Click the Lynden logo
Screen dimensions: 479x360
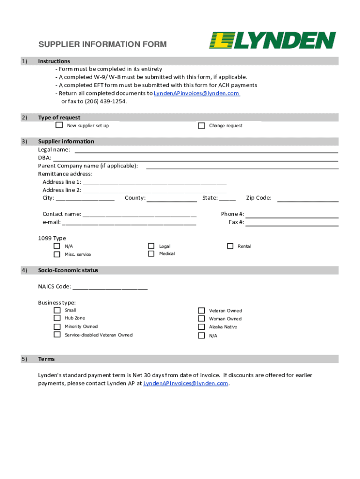pyautogui.click(x=272, y=40)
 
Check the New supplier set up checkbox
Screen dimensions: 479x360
pyautogui.click(x=59, y=125)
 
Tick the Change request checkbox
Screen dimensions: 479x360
pyautogui.click(x=202, y=125)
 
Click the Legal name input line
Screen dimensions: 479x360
pyautogui.click(x=206, y=150)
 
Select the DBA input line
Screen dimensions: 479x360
pyautogui.click(x=195, y=159)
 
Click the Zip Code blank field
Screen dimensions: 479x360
pyautogui.click(x=308, y=199)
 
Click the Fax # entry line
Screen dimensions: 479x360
pyautogui.click(x=292, y=223)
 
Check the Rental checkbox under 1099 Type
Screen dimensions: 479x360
pyautogui.click(x=230, y=246)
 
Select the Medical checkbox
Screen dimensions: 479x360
pyautogui.click(x=151, y=254)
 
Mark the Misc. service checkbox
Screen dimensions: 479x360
pyautogui.click(x=57, y=254)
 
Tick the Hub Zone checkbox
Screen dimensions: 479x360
pyautogui.click(x=57, y=318)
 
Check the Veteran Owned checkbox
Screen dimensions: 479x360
pyautogui.click(x=201, y=311)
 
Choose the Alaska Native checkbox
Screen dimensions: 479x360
pyautogui.click(x=201, y=327)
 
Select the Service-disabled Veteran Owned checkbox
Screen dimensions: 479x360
pyautogui.click(x=57, y=335)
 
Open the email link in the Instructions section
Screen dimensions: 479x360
pyautogui.click(x=197, y=93)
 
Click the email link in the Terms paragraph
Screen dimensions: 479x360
pyautogui.click(x=186, y=383)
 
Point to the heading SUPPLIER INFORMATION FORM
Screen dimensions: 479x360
pyautogui.click(x=102, y=44)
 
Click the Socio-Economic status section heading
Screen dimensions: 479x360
pyautogui.click(x=68, y=270)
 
